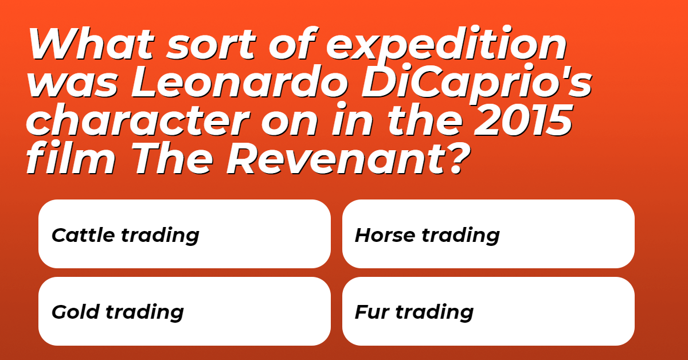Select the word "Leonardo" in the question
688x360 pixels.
coord(240,82)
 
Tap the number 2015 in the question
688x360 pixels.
coord(523,120)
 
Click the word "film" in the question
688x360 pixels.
coord(71,158)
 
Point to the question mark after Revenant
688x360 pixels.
coord(457,159)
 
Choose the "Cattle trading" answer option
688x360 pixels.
coord(184,234)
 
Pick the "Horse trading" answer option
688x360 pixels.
coord(488,234)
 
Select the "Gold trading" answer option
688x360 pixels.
coord(184,311)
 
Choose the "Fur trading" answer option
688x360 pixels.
coord(488,311)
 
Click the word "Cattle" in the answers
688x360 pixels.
coord(83,235)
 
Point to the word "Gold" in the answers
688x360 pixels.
coord(76,312)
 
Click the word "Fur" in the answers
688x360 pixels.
coord(372,312)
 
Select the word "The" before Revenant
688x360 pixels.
coord(173,159)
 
